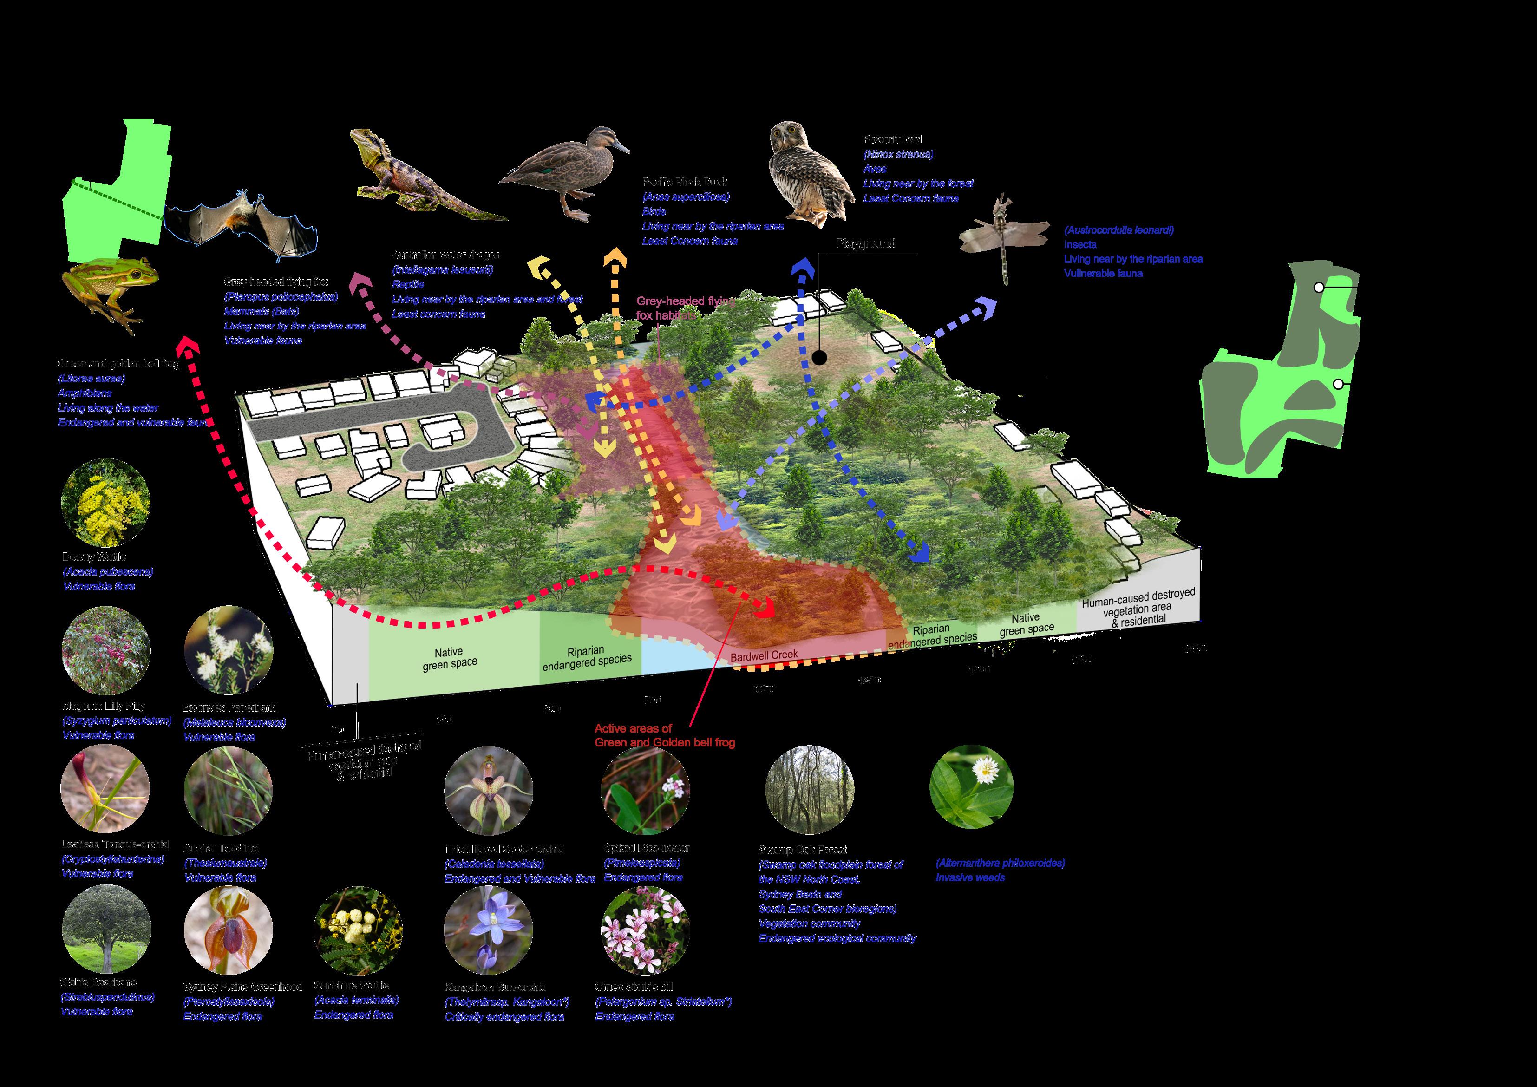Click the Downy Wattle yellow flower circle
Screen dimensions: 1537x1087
click(105, 502)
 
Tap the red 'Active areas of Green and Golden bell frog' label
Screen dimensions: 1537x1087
click(664, 735)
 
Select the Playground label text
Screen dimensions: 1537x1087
click(865, 243)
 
